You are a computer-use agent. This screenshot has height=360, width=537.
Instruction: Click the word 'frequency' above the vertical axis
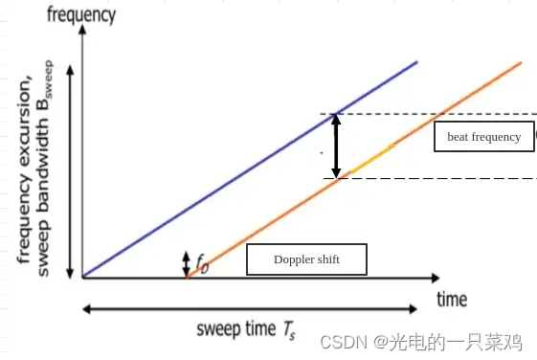tap(81, 14)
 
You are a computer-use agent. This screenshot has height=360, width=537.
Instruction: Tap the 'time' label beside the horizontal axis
tap(452, 300)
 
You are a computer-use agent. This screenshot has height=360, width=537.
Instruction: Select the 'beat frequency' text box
tap(483, 137)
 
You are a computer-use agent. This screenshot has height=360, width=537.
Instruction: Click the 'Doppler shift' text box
tap(306, 259)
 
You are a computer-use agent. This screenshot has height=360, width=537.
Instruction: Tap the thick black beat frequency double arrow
tap(335, 146)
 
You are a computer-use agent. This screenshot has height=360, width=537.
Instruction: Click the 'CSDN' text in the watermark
tap(338, 342)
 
